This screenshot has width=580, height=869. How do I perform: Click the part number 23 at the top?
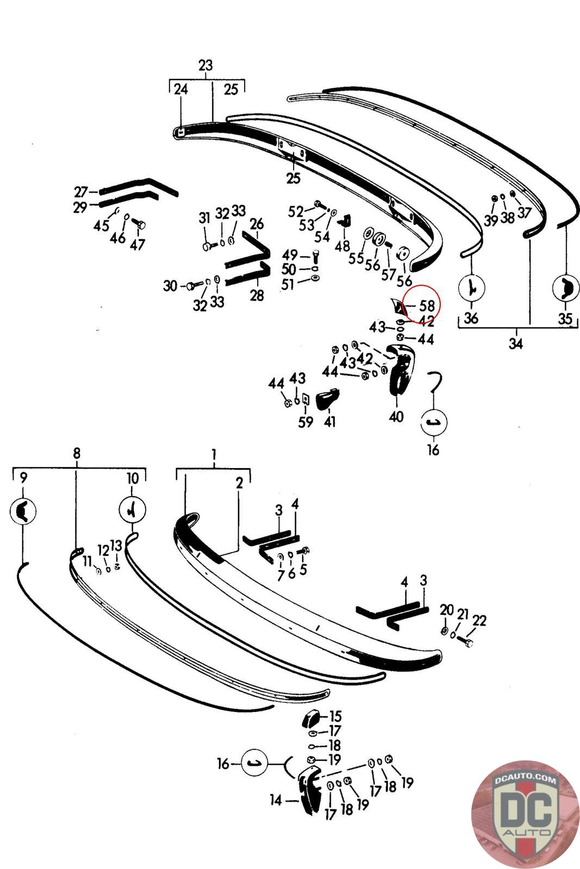pos(205,66)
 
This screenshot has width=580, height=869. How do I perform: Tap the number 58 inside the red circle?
pos(427,307)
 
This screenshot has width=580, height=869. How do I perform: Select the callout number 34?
pos(515,343)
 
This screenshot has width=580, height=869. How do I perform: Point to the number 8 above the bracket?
pos(76,454)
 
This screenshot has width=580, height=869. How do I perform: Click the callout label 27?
pos(81,192)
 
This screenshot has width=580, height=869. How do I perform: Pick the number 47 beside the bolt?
pos(138,244)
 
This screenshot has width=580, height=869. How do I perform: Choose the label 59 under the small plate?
pos(306,421)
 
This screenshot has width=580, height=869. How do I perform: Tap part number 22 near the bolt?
pos(479,620)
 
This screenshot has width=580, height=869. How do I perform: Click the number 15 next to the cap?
pos(335,717)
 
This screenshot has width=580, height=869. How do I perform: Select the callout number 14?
pos(276,800)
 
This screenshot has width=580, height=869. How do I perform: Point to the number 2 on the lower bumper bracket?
pos(239,483)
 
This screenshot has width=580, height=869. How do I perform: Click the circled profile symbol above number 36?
pos(471,286)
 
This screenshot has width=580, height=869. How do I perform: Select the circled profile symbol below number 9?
pos(23,511)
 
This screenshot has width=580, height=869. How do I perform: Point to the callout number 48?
pos(342,246)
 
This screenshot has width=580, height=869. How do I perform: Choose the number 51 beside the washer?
pos(288,284)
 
